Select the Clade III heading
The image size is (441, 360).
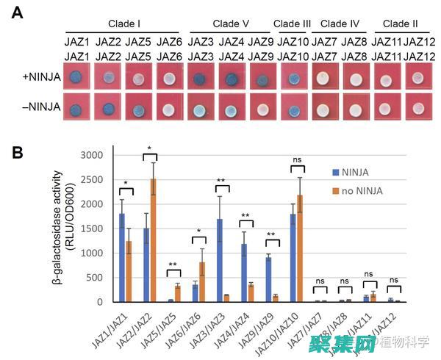293,24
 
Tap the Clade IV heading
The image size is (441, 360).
339,24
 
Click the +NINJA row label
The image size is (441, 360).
37,76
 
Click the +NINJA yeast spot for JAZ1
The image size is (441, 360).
74,77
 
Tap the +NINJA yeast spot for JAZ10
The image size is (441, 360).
293,77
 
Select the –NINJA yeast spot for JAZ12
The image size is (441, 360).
417,109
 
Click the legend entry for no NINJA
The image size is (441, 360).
357,191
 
